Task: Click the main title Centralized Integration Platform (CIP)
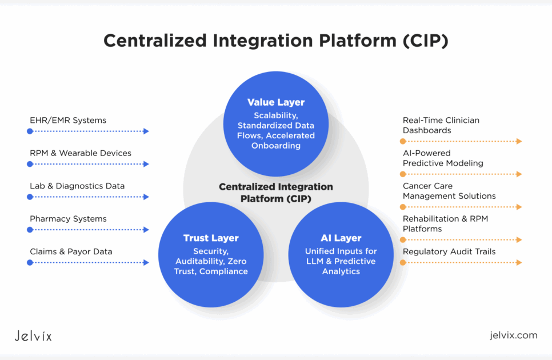click(x=276, y=41)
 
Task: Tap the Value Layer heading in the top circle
click(x=276, y=102)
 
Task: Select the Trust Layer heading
click(x=211, y=238)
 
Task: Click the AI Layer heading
click(x=341, y=238)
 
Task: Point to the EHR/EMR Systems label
click(x=68, y=121)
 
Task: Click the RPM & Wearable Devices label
click(x=81, y=153)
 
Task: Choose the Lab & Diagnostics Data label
click(x=77, y=186)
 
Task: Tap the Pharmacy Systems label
click(x=68, y=219)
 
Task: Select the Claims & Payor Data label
click(x=71, y=251)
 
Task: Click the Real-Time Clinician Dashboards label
click(x=441, y=125)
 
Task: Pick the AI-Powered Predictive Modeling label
click(x=443, y=158)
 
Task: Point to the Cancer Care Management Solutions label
click(x=449, y=191)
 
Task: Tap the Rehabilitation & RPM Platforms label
click(x=445, y=223)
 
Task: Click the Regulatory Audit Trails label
click(x=449, y=251)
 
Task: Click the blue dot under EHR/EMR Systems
click(x=30, y=131)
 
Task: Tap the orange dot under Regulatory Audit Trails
click(x=403, y=262)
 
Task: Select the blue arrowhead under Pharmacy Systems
click(x=146, y=230)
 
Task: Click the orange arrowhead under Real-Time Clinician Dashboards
click(x=519, y=141)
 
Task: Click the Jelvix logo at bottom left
click(x=33, y=335)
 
